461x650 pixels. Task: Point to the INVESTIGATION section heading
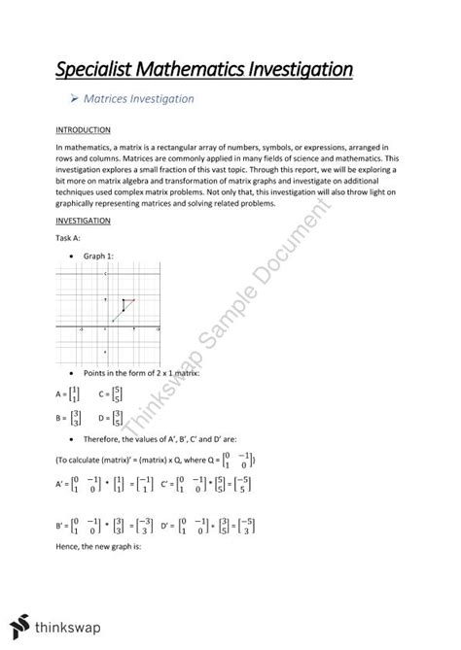tap(85, 221)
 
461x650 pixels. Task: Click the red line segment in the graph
tap(128, 300)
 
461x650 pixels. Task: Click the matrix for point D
tap(119, 419)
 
